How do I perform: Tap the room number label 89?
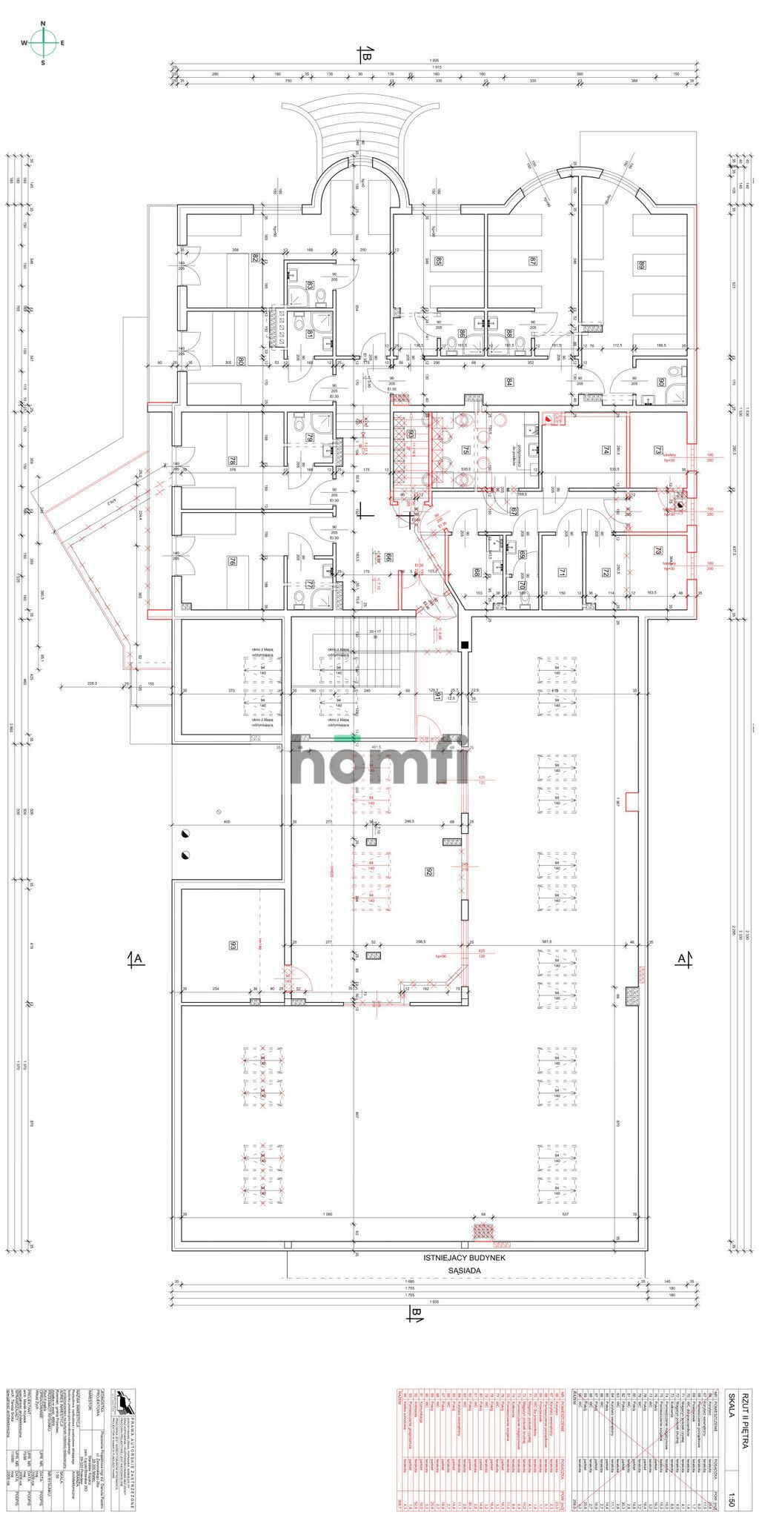click(x=641, y=266)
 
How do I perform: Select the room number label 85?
click(x=438, y=261)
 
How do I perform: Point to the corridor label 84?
click(x=509, y=382)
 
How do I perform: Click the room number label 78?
click(x=232, y=461)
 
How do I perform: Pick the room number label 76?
click(x=232, y=561)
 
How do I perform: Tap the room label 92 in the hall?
click(x=428, y=872)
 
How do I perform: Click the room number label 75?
click(x=466, y=450)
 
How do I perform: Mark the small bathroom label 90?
click(x=660, y=382)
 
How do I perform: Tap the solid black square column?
click(x=465, y=646)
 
